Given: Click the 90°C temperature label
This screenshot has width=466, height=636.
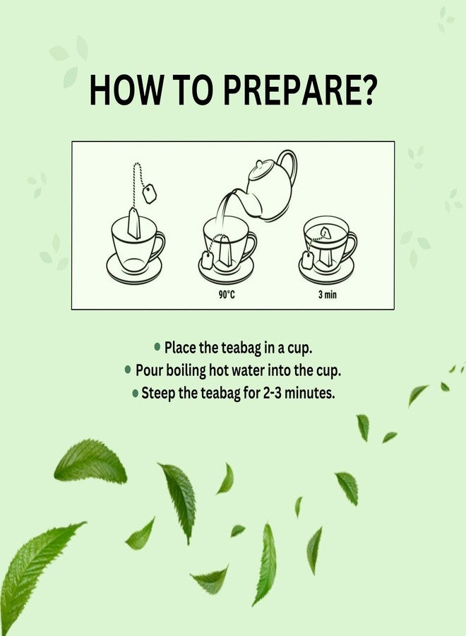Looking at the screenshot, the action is (227, 295).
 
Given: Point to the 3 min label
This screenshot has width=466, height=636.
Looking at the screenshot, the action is (328, 295).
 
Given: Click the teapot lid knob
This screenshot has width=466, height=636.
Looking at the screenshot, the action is (259, 164).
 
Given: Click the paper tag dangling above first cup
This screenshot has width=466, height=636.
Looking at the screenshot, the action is (150, 194).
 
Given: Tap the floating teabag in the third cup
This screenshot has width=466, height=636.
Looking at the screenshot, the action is (325, 232).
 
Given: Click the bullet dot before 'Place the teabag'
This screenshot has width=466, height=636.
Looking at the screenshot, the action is (157, 347).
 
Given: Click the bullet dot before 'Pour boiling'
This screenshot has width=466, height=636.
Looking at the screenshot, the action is (128, 370).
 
